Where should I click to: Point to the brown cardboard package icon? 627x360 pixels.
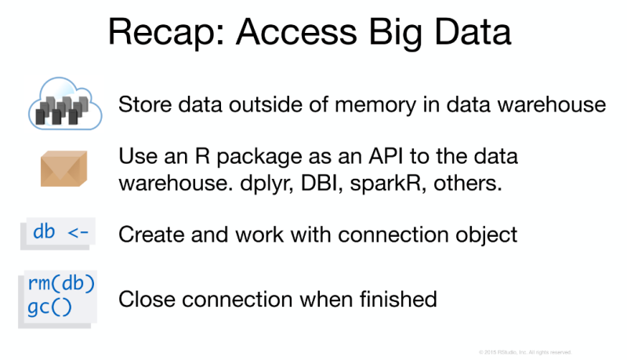63,169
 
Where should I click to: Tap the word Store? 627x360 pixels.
141,104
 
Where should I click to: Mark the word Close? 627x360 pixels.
143,299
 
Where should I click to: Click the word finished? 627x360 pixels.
397,299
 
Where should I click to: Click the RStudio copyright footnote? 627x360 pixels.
524,351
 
